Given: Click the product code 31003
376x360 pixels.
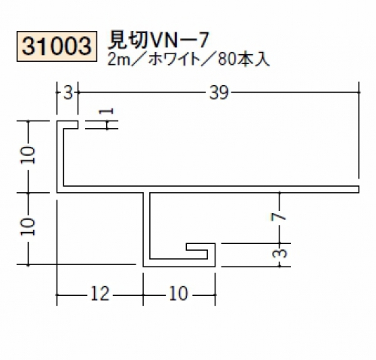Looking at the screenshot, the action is pyautogui.click(x=57, y=46).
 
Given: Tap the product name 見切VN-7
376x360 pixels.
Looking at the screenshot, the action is pyautogui.click(x=158, y=41).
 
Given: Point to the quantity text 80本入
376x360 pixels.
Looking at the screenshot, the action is pyautogui.click(x=243, y=60).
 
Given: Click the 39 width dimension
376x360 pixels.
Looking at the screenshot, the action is pyautogui.click(x=219, y=93).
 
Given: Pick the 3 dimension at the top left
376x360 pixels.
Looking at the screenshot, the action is pyautogui.click(x=68, y=93).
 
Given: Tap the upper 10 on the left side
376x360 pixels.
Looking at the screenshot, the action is pyautogui.click(x=28, y=156).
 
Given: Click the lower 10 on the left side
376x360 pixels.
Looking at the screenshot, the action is pyautogui.click(x=28, y=227).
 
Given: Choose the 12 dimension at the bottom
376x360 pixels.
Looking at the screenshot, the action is pyautogui.click(x=99, y=294).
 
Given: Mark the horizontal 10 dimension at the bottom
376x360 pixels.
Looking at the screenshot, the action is pyautogui.click(x=179, y=294).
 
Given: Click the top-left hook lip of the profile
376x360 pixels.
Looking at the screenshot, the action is pyautogui.click(x=71, y=125).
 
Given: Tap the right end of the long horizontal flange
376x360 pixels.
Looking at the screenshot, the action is pyautogui.click(x=359, y=190).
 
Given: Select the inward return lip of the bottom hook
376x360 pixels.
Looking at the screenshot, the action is pyautogui.click(x=197, y=247).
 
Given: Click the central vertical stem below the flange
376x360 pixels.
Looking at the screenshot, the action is pyautogui.click(x=147, y=228).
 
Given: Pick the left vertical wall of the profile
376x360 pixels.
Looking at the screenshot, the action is pyautogui.click(x=60, y=157).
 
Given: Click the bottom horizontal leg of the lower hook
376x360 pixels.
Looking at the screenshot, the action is pyautogui.click(x=179, y=263).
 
